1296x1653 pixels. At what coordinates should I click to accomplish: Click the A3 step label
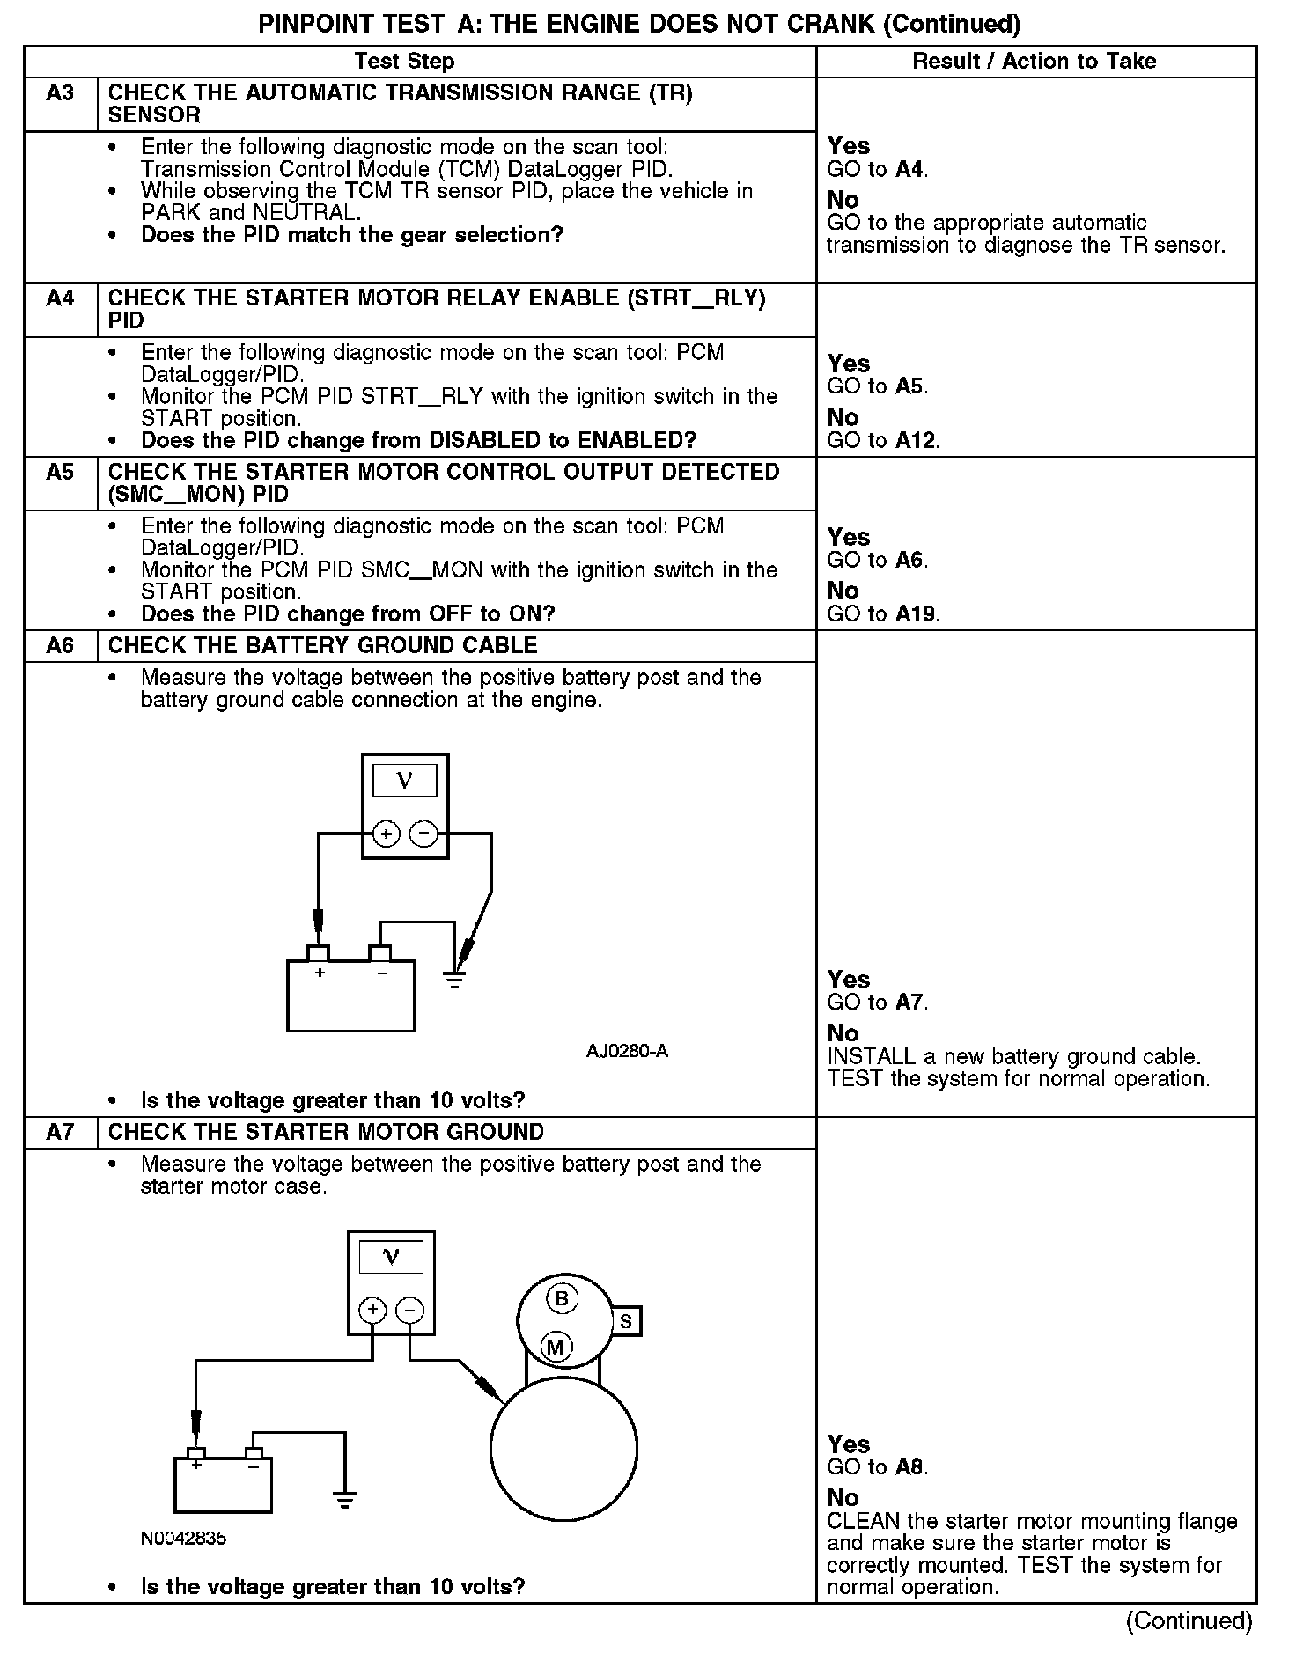60,92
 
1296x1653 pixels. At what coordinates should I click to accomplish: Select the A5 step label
60,472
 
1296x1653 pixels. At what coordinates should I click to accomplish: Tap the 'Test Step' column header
404,61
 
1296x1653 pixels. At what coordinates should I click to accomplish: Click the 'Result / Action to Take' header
1035,61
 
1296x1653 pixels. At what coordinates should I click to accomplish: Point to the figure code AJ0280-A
627,1051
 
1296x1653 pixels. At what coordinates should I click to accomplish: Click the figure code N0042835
183,1539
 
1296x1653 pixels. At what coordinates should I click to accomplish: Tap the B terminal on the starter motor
561,1298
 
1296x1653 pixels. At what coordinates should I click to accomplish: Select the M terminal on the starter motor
556,1347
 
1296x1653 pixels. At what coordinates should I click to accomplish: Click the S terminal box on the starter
625,1321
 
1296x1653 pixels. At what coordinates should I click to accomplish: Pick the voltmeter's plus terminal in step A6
386,833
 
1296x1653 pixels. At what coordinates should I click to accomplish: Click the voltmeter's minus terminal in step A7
409,1311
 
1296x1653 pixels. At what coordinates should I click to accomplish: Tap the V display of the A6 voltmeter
405,781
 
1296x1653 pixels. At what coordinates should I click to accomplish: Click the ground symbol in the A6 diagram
454,979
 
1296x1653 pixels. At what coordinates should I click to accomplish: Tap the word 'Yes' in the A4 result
849,364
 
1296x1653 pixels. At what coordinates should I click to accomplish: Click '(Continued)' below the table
1189,1620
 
